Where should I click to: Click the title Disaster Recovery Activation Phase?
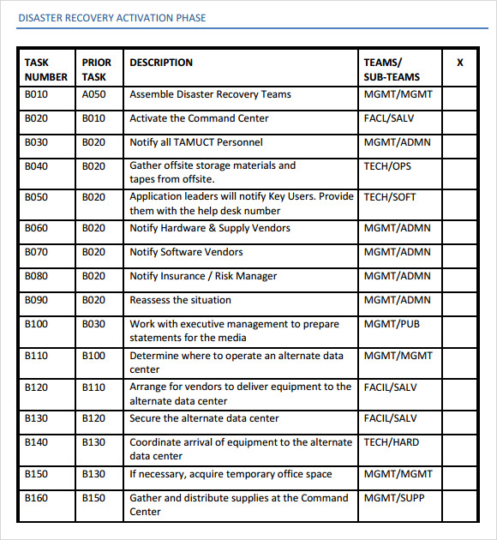coord(111,18)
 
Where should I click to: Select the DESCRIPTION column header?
coord(161,63)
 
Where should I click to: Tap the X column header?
coord(460,63)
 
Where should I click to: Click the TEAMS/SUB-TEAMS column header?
coord(392,69)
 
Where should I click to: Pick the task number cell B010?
coord(36,95)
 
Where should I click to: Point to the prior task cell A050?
coord(94,95)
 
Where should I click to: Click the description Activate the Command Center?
coord(199,119)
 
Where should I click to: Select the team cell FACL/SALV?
coord(389,119)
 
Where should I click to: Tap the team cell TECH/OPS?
coord(387,166)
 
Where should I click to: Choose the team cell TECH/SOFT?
coord(390,197)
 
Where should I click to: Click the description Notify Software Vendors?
coord(186,253)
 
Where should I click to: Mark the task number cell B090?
coord(36,301)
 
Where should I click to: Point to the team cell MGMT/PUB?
coord(392,325)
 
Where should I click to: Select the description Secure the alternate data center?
coord(204,419)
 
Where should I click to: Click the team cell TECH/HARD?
coord(392,443)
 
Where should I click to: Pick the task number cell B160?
coord(36,498)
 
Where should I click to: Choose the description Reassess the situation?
coord(180,301)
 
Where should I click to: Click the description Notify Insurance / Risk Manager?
coord(203,277)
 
